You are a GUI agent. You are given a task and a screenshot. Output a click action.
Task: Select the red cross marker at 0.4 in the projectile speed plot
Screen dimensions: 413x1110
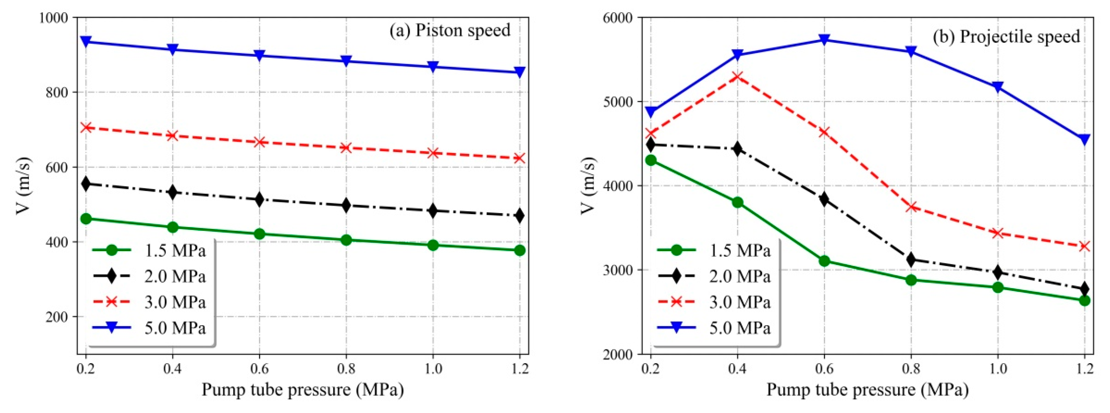pyautogui.click(x=737, y=77)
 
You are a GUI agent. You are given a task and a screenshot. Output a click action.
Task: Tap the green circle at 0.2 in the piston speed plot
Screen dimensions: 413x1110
pyautogui.click(x=86, y=219)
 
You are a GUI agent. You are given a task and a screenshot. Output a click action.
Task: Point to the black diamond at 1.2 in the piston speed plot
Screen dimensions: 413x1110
pyautogui.click(x=519, y=215)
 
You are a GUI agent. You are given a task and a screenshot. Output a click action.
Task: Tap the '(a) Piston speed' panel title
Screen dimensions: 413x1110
pyautogui.click(x=450, y=31)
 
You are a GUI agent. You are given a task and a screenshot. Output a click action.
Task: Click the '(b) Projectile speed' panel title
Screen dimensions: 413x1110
pyautogui.click(x=1007, y=37)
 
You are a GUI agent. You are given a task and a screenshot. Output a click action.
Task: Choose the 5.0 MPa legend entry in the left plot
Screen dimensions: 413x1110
pyautogui.click(x=175, y=328)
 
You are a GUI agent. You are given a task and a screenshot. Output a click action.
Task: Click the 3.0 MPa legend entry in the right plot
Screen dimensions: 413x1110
pyautogui.click(x=739, y=302)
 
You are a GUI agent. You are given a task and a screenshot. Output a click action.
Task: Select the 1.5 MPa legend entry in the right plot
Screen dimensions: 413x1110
pyautogui.click(x=739, y=250)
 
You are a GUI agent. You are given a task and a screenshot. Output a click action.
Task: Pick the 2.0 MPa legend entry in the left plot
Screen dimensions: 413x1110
pyautogui.click(x=175, y=276)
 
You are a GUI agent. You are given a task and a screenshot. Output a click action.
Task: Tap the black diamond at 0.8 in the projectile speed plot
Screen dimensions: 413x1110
pyautogui.click(x=911, y=260)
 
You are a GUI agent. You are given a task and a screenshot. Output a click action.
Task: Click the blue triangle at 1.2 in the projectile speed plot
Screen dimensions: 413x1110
pyautogui.click(x=1085, y=139)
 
